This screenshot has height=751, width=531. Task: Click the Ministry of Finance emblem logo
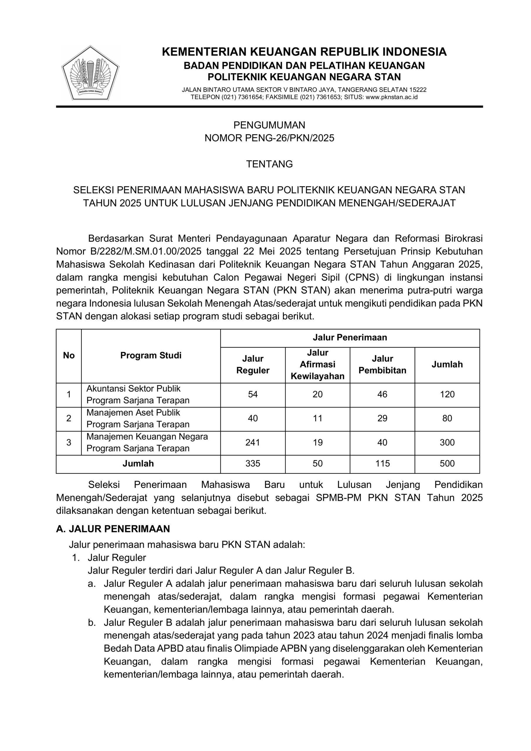(90, 73)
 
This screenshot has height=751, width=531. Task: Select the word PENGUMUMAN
(269, 125)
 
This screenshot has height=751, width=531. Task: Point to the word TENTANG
(269, 164)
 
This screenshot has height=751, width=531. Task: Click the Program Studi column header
(151, 356)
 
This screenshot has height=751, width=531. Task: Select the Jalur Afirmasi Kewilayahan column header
(318, 364)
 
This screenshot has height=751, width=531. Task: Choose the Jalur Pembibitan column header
(382, 364)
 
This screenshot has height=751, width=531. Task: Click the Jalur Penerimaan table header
(350, 338)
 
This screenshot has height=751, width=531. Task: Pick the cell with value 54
(253, 394)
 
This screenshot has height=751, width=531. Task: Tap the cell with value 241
(253, 443)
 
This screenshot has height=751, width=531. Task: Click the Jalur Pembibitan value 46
(382, 394)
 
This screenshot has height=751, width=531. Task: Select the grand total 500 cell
(447, 464)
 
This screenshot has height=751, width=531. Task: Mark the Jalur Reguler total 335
(253, 464)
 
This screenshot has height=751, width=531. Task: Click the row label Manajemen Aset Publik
(133, 413)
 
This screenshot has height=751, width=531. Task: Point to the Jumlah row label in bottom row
(138, 464)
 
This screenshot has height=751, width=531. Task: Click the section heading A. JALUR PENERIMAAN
(113, 529)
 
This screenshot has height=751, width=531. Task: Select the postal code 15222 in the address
(418, 90)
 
